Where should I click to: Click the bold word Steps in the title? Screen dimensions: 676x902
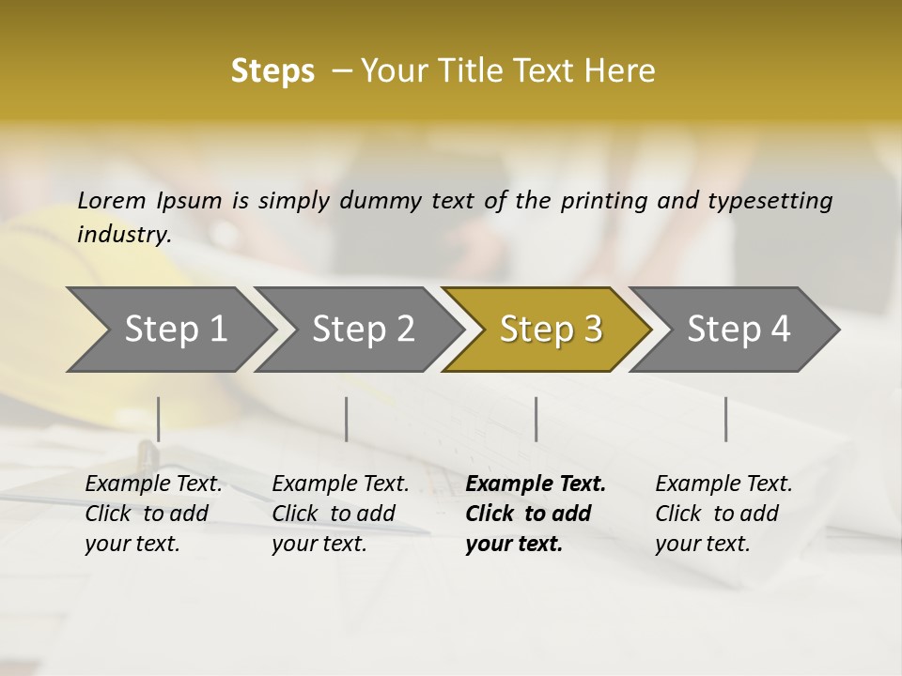pos(272,71)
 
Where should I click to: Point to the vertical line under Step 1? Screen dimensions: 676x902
pos(158,419)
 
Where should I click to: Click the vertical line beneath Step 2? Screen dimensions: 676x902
pos(347,419)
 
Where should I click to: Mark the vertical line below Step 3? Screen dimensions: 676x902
pos(536,419)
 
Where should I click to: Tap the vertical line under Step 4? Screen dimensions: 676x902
pos(725,419)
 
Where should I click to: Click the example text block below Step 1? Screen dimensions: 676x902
pos(153,514)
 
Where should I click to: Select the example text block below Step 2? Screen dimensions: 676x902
pos(340,514)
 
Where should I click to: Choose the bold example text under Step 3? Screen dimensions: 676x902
pos(536,514)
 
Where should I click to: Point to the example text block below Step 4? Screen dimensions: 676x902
pos(723,514)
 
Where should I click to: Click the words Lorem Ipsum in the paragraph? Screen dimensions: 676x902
pos(149,200)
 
